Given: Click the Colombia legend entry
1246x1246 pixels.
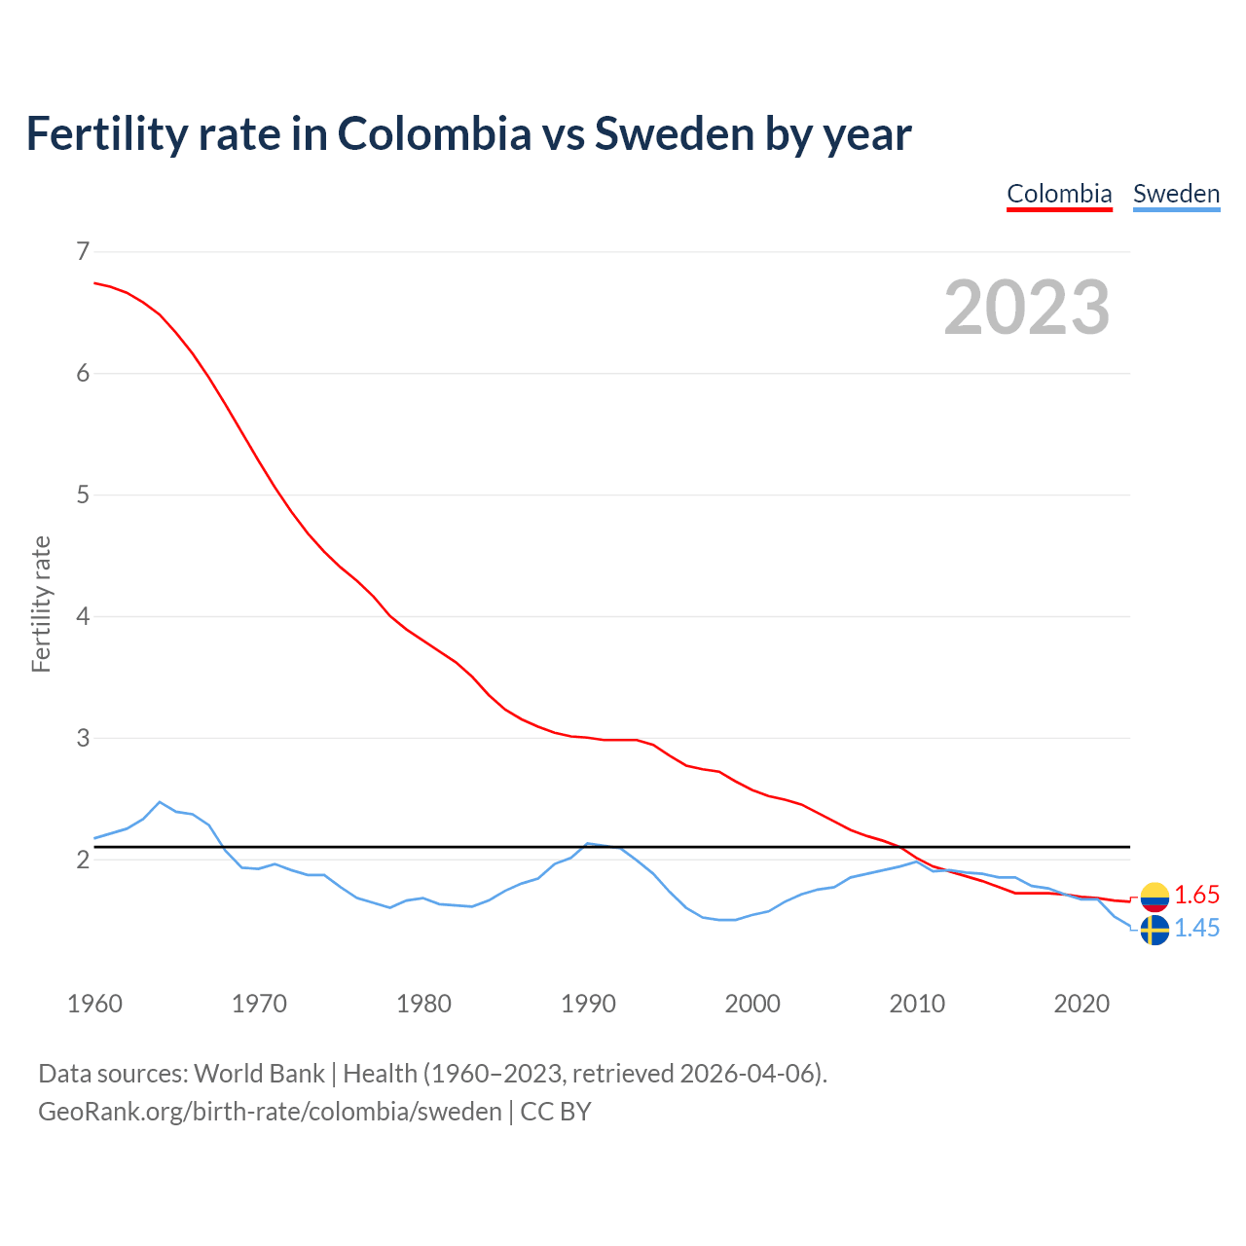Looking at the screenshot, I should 1059,194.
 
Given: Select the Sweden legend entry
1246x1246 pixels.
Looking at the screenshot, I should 1176,194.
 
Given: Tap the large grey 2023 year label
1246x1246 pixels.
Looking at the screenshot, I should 1027,308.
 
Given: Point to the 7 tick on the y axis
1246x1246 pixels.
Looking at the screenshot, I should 82,252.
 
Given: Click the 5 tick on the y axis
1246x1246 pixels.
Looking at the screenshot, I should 82,495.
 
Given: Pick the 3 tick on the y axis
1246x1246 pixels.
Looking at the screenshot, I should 82,738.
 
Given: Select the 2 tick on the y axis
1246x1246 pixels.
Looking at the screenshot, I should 82,860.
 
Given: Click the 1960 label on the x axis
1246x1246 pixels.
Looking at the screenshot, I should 94,1004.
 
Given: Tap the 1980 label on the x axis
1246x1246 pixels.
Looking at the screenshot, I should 423,1004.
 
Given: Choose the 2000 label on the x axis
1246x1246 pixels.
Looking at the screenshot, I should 752,1004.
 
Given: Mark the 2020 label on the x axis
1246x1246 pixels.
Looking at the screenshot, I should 1081,1004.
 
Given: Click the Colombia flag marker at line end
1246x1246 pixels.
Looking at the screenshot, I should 1154,897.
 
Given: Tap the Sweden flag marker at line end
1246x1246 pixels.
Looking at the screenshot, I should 1154,930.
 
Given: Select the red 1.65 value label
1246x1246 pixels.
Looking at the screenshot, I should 1196,896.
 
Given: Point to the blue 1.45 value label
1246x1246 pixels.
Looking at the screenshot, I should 1196,929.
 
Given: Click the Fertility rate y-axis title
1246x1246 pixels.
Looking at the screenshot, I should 41,604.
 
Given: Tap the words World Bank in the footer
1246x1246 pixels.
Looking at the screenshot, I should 259,1074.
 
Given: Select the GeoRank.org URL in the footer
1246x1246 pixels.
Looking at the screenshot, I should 270,1112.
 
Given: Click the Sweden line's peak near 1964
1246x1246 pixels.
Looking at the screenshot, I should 160,802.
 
